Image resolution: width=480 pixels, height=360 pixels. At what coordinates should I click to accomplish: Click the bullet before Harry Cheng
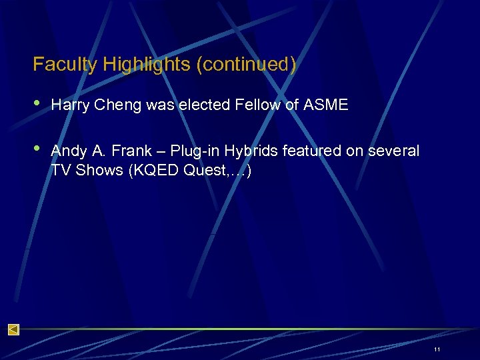pos(37,105)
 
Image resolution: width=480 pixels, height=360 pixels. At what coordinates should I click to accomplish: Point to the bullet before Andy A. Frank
pos(37,149)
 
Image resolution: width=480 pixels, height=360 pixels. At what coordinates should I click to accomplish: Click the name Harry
pos(69,105)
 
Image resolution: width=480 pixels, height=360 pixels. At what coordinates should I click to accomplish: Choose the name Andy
pos(67,151)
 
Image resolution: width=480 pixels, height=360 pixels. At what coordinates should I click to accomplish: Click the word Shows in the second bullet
pos(99,170)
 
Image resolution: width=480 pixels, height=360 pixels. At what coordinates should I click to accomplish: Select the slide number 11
pos(437,349)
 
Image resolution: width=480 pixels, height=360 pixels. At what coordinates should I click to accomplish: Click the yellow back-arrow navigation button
pos(13,329)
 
